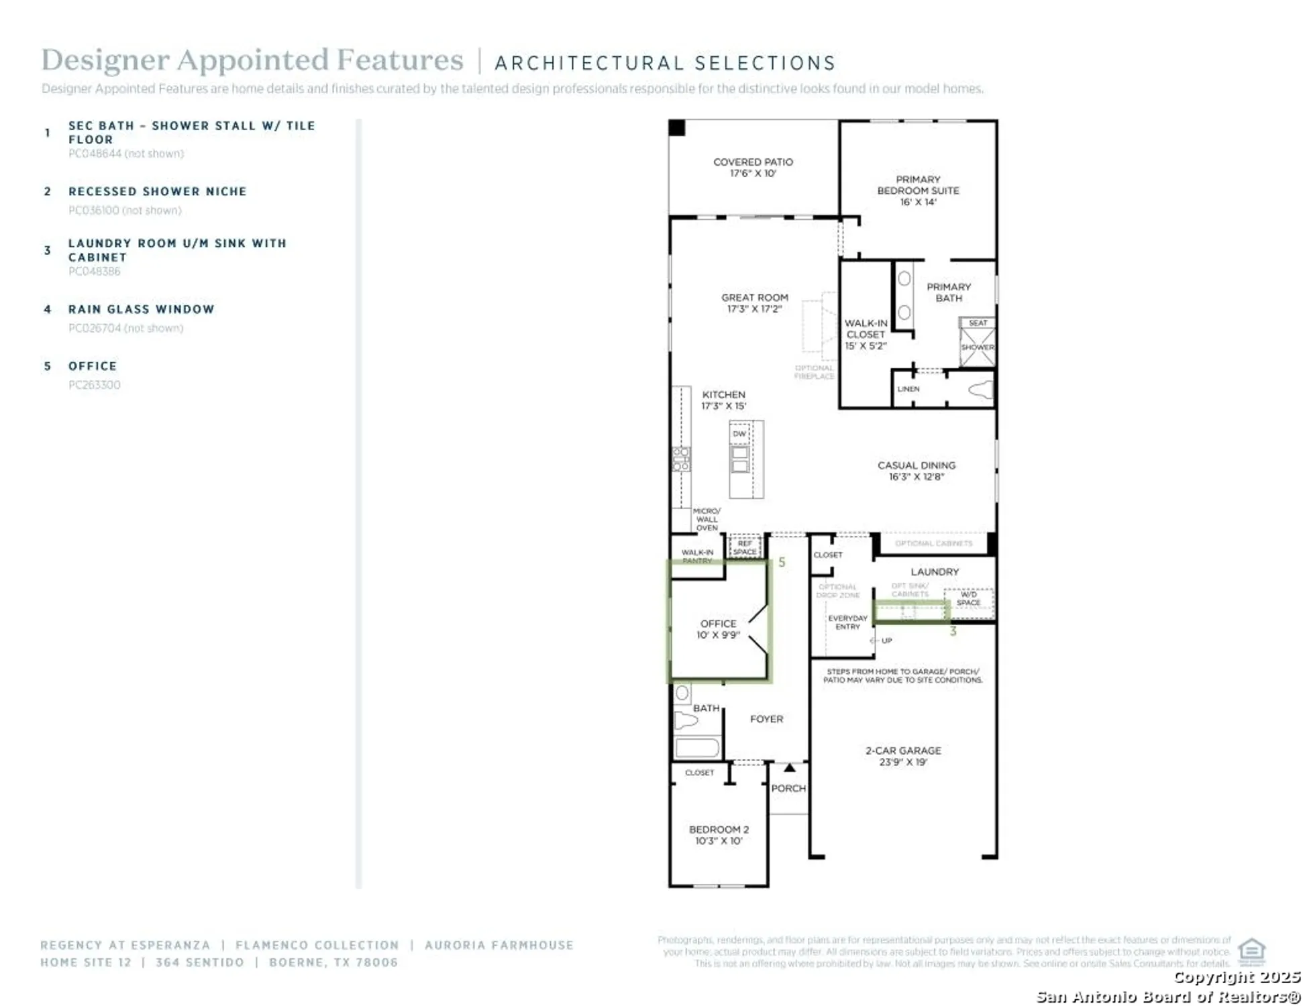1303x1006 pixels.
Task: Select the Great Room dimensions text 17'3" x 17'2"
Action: pos(754,309)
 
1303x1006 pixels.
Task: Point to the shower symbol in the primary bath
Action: pos(977,347)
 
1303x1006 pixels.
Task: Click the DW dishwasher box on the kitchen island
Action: pos(739,433)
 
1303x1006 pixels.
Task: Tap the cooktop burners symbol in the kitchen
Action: pos(680,459)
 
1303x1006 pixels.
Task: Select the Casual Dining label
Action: pos(916,465)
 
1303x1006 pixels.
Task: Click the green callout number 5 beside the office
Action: pos(781,562)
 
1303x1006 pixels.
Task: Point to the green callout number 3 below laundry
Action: pos(952,631)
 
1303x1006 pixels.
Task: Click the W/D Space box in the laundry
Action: pos(968,598)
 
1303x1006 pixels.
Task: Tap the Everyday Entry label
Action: pos(847,622)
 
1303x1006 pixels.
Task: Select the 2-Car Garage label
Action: pos(902,750)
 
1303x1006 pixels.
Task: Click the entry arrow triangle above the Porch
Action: pos(789,767)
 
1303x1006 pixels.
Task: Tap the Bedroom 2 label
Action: pos(718,830)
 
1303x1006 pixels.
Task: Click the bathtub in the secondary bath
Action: pos(696,747)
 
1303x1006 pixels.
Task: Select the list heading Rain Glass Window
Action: pos(141,309)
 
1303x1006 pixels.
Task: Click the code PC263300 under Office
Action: pos(94,385)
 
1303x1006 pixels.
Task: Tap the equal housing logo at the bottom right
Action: pos(1251,950)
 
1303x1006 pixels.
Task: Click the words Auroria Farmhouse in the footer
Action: pos(499,945)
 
